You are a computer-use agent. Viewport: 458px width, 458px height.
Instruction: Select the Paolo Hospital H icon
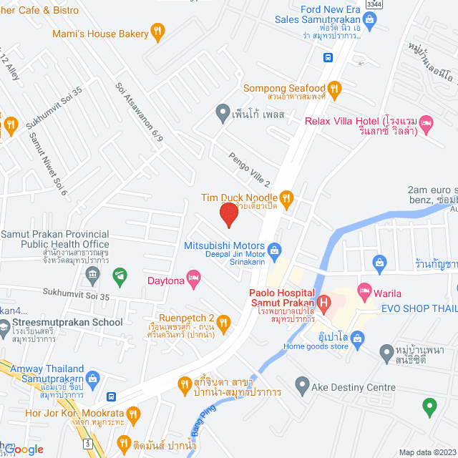pos(323,303)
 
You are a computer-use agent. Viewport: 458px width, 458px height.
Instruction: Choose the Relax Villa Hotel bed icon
pos(426,123)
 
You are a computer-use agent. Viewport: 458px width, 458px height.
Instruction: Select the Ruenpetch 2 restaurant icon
pos(224,323)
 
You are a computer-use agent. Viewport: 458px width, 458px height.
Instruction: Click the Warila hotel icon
pos(364,290)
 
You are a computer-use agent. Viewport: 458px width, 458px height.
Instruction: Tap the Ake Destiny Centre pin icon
pos(302,387)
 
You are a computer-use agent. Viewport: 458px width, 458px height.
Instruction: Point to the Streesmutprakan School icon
pos(6,323)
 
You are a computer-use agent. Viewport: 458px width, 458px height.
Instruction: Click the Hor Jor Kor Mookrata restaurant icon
pos(132,414)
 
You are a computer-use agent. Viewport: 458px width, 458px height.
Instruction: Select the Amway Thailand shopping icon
pos(92,377)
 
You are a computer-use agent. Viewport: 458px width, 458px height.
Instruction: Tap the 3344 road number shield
pos(371,4)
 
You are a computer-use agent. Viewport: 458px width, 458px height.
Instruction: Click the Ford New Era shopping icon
pos(369,20)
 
